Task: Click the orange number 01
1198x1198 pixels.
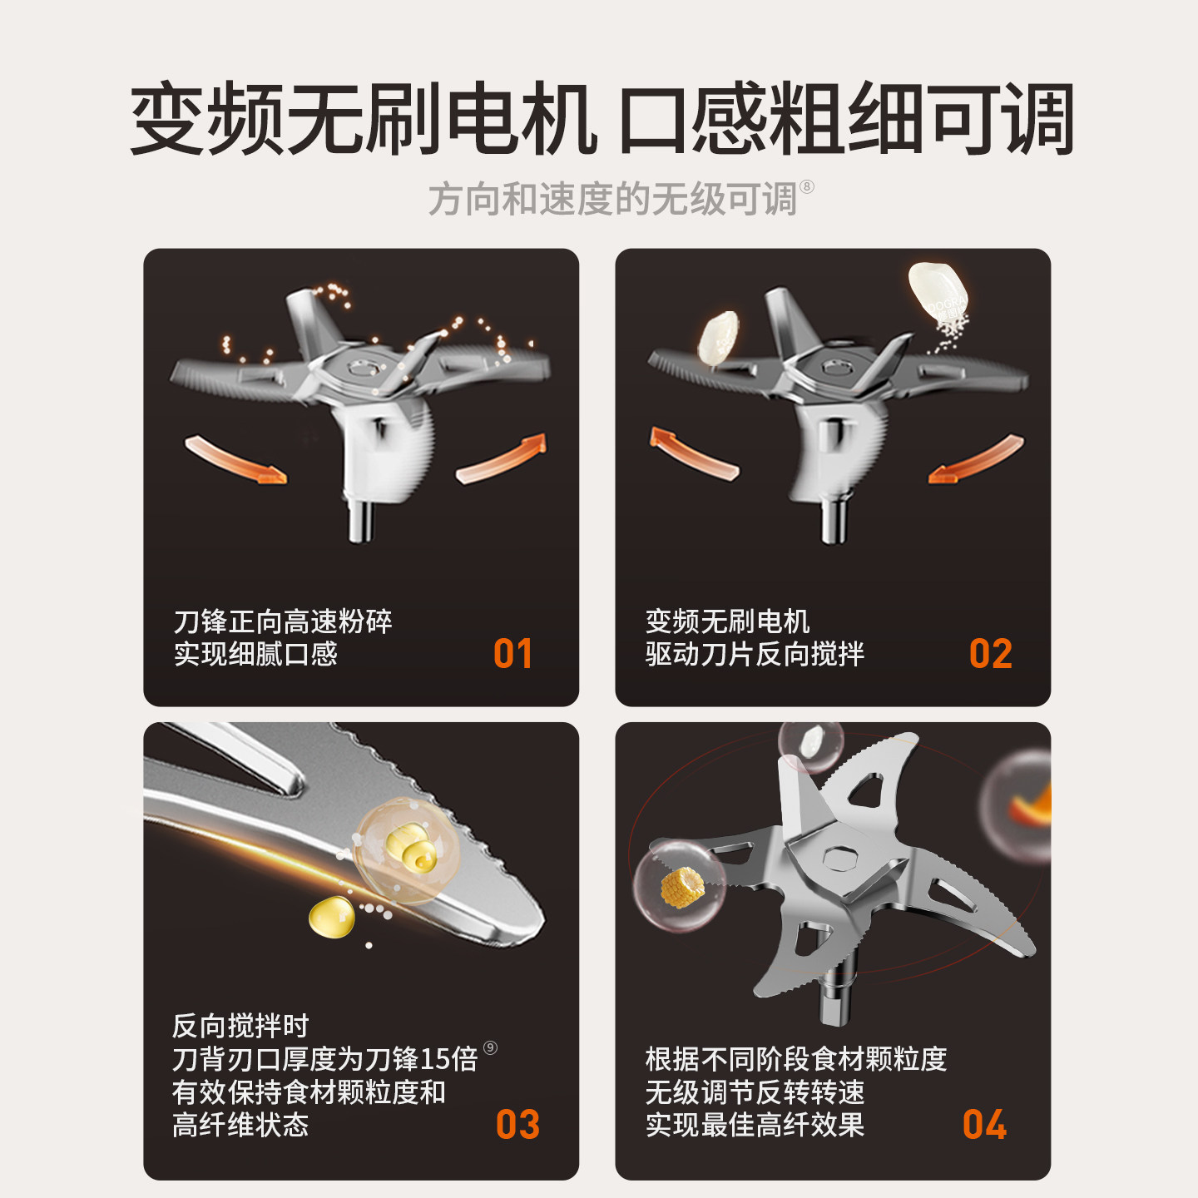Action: coord(512,654)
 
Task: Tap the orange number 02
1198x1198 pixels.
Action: coord(990,654)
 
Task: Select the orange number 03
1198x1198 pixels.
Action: coord(517,1125)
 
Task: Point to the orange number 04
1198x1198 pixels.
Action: coord(984,1125)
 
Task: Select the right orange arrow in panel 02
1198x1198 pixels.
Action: coord(977,460)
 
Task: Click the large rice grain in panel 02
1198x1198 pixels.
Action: coord(937,290)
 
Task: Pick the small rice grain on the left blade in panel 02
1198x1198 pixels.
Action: coord(718,337)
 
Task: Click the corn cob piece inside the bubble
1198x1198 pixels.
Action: coord(681,886)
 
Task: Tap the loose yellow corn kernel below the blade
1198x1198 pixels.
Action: coord(331,917)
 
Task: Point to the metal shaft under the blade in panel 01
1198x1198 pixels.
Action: coord(360,520)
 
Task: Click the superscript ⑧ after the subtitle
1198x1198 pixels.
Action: coord(806,186)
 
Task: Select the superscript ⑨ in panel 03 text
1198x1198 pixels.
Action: coord(490,1047)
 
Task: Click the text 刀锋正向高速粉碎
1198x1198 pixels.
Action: coord(283,621)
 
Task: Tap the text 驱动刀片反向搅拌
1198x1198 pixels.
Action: coord(755,654)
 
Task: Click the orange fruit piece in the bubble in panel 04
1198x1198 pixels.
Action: coord(1032,807)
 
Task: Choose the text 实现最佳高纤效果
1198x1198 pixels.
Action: coord(755,1125)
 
